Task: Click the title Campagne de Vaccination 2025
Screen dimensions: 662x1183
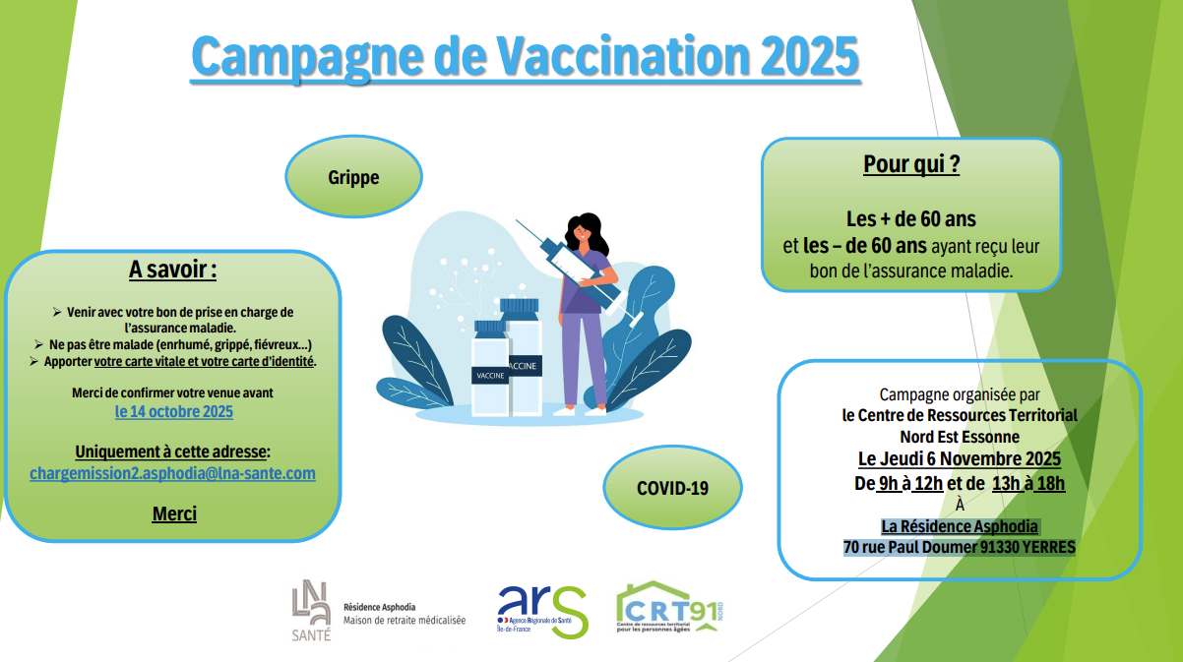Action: point(525,56)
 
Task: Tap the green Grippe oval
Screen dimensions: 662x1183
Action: point(353,178)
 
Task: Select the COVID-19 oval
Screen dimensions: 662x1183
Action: point(672,487)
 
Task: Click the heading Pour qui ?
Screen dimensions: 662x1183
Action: point(910,164)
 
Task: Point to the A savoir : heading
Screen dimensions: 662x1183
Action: point(173,270)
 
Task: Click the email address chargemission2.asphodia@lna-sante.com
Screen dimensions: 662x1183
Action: point(173,473)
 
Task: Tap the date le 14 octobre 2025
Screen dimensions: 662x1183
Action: point(174,411)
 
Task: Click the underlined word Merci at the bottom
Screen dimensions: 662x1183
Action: point(174,513)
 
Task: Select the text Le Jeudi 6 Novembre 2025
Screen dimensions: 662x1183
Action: point(959,459)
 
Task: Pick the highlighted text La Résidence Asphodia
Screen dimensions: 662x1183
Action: point(959,526)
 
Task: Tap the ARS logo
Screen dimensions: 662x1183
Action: point(541,610)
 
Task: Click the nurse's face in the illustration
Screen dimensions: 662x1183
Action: point(582,234)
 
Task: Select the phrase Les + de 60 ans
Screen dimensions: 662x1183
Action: point(910,218)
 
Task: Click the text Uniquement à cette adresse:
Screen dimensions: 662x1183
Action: point(173,451)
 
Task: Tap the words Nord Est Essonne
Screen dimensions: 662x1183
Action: point(959,437)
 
